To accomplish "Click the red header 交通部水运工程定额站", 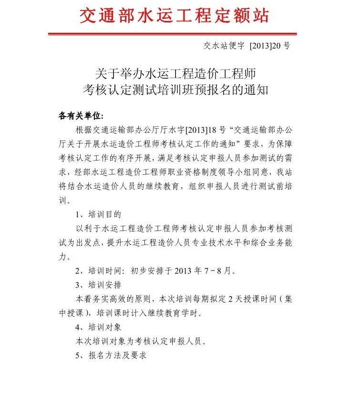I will [x=174, y=16].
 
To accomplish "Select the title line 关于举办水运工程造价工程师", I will [x=176, y=74].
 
